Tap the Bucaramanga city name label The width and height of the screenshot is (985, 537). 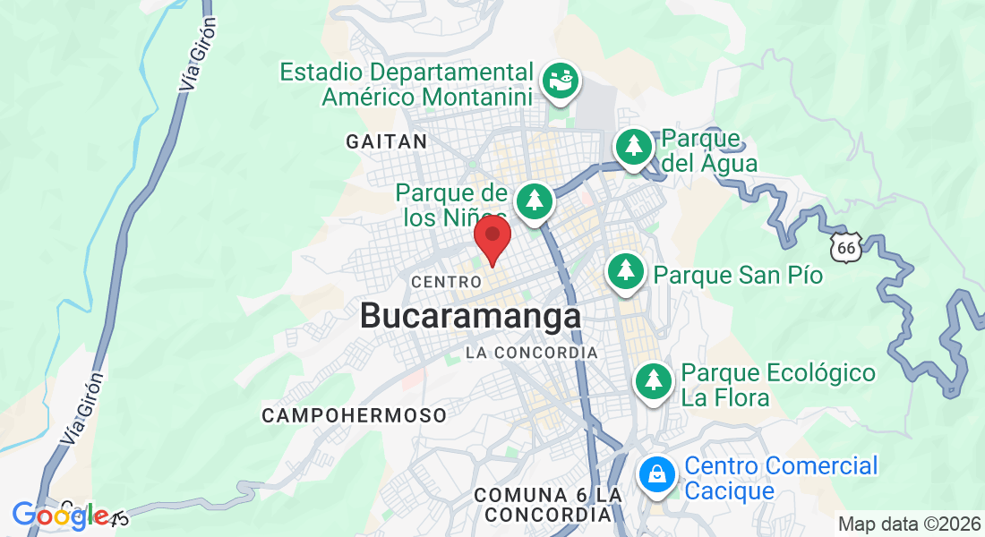click(x=470, y=316)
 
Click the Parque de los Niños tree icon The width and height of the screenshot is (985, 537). click(x=535, y=199)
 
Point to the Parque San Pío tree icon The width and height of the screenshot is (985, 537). click(x=626, y=270)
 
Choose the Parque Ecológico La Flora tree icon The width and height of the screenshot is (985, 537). click(x=654, y=380)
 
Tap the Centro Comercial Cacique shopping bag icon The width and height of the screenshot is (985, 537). click(x=657, y=473)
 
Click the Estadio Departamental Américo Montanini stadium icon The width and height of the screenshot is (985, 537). click(x=561, y=81)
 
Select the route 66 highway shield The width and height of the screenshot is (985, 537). click(x=845, y=246)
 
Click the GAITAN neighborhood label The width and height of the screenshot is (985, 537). click(x=386, y=141)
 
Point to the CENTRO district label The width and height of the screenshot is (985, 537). click(x=440, y=282)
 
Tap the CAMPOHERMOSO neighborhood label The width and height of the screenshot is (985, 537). click(x=354, y=415)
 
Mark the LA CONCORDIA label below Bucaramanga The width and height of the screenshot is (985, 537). click(x=531, y=353)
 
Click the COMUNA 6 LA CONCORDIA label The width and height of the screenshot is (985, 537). click(x=548, y=505)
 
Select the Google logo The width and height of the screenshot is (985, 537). click(x=60, y=516)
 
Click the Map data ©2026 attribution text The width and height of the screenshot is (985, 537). click(x=908, y=524)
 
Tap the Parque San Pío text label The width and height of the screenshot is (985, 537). click(x=738, y=274)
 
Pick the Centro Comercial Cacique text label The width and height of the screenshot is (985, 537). click(x=781, y=478)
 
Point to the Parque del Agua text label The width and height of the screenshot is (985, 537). click(x=709, y=151)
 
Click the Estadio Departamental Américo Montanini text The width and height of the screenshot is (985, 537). click(x=407, y=84)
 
